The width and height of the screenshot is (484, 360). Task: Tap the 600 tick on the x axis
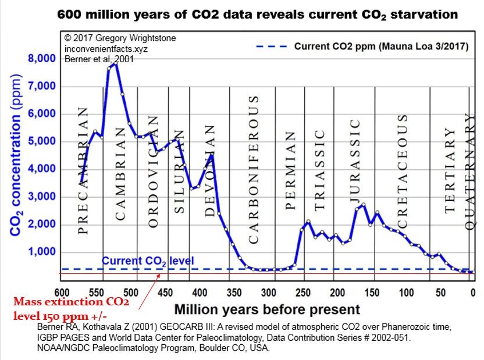click(62, 292)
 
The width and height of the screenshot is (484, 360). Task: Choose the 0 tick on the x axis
click(472, 292)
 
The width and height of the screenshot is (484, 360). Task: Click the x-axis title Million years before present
click(267, 309)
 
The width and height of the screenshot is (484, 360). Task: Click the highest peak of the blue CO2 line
click(116, 63)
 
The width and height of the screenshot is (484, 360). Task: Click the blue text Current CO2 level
click(148, 261)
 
